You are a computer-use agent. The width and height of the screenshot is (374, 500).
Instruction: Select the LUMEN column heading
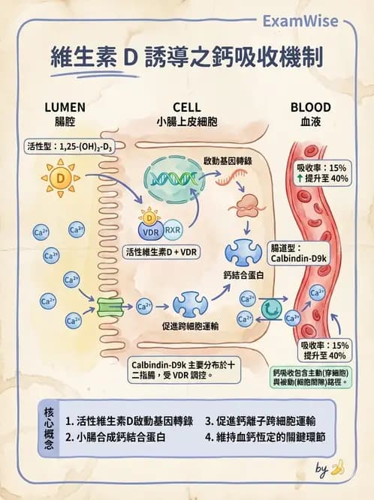(x=65, y=108)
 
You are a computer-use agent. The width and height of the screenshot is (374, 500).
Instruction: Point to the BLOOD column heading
(x=310, y=108)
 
